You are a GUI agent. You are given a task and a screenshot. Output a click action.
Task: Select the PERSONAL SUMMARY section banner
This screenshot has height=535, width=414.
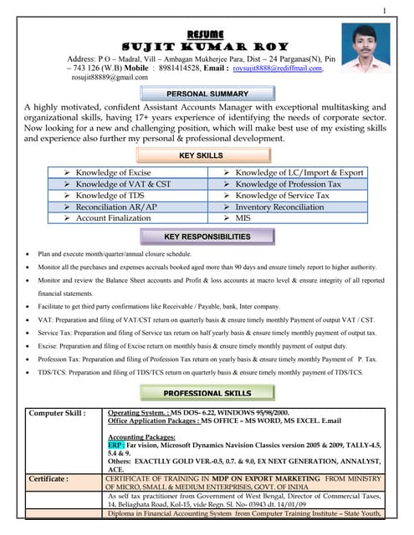tap(207, 94)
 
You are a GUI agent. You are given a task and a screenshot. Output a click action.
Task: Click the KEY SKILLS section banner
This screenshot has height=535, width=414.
tap(207, 156)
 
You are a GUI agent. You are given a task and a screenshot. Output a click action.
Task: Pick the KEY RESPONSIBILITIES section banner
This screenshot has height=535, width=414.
tap(207, 237)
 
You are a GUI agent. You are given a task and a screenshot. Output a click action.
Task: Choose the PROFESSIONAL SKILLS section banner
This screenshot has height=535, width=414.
tap(207, 392)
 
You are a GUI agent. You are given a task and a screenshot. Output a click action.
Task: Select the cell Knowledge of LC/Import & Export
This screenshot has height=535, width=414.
tap(299, 173)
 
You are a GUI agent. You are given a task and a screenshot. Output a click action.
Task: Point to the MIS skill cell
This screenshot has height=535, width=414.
tap(243, 218)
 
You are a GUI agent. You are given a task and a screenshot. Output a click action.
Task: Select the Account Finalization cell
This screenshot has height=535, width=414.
tap(113, 218)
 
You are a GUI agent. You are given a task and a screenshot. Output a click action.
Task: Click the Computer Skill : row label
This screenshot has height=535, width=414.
tap(57, 413)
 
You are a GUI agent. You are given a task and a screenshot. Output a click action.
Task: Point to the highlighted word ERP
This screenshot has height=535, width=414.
tap(115, 446)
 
